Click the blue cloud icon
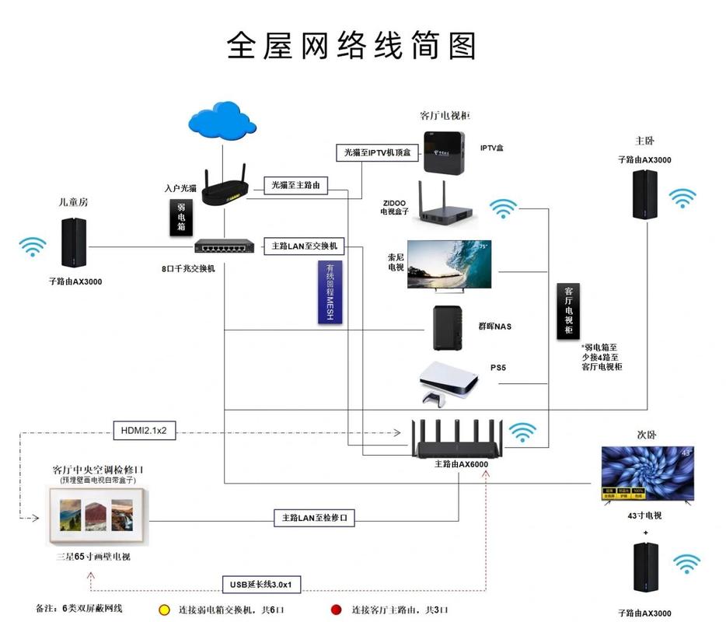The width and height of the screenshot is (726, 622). (222, 121)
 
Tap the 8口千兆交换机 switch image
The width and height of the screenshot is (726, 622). (225, 246)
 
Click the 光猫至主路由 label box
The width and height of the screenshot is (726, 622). (295, 185)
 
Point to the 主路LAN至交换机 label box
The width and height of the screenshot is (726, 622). (303, 246)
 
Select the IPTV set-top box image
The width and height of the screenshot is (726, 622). (445, 152)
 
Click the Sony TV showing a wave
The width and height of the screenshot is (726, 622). (450, 264)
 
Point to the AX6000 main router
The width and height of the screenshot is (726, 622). (458, 441)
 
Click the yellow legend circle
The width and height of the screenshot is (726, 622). (164, 610)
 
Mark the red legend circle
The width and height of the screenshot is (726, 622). (336, 610)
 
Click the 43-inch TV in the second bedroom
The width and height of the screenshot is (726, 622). (647, 472)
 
